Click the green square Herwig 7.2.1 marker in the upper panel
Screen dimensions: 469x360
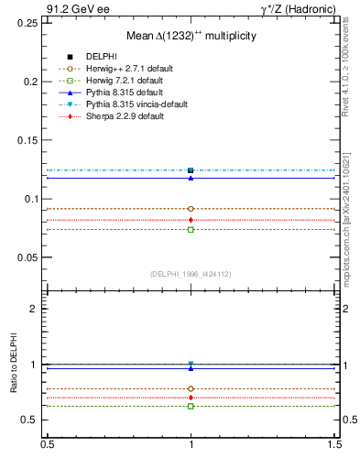coord(191,229)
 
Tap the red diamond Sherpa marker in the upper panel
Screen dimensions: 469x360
coord(191,220)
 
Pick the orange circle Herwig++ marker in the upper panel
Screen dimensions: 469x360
coord(191,209)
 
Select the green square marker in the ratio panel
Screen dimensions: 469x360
coord(191,405)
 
